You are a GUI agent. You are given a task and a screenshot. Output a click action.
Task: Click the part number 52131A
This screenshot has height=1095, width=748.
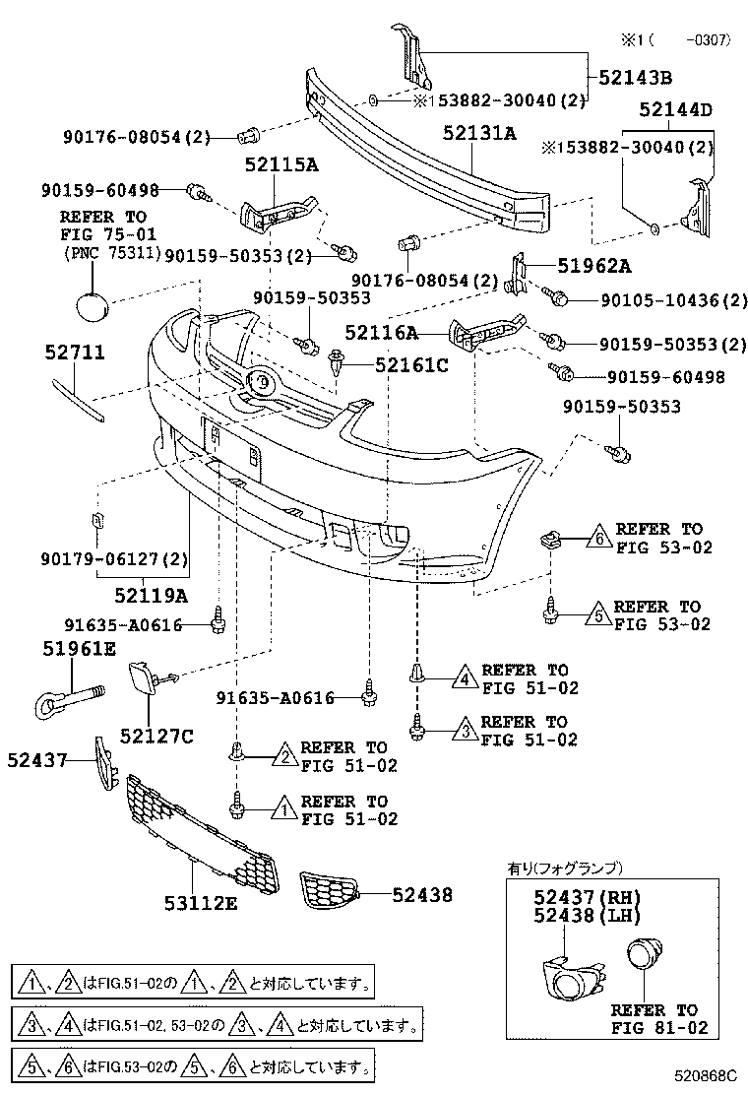point(478,133)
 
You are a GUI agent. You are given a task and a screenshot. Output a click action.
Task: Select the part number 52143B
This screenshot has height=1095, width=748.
point(637,78)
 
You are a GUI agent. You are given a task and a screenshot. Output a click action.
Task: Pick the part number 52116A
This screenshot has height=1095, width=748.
point(381,333)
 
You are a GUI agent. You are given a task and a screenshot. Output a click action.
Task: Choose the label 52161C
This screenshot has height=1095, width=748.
point(410,365)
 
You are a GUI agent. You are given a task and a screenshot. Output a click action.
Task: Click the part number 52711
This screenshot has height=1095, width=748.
point(75,353)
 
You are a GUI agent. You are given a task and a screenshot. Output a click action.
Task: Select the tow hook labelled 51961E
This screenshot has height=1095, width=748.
point(58,702)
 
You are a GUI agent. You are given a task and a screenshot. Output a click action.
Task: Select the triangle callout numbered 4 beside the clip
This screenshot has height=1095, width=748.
point(463,677)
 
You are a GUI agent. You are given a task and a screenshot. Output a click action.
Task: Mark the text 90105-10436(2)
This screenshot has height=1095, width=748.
point(672,299)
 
